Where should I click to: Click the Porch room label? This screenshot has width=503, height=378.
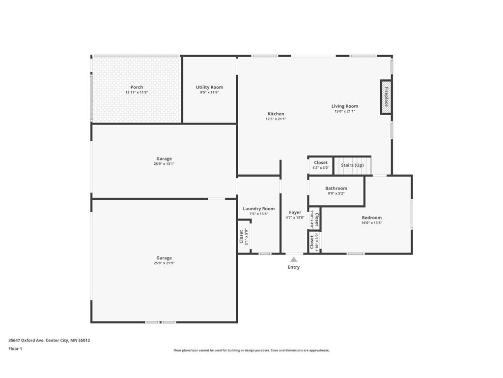coord(137,87)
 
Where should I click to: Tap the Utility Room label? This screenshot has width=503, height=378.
coord(209,87)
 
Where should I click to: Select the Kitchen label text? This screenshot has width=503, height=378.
coord(276,114)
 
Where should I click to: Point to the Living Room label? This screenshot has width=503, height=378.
coord(345,106)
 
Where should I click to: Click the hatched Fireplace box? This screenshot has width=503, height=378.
coord(386,97)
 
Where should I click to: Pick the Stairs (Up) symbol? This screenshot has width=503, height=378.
coord(353,165)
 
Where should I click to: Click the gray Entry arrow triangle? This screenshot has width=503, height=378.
coord(294,259)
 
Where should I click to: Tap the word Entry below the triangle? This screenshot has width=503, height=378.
coord(294,267)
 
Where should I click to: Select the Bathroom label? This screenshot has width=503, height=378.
coord(336,189)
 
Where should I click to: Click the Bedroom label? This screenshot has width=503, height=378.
coord(372,218)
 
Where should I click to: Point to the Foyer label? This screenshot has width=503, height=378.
coord(295,213)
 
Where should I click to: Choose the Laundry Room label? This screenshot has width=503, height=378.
coord(259,209)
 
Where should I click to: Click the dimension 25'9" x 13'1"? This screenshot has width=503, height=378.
coord(164,164)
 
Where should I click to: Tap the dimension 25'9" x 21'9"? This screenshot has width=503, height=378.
coord(164,263)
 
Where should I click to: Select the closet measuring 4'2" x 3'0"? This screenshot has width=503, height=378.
coord(321,165)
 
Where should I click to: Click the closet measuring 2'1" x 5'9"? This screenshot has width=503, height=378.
coord(244,237)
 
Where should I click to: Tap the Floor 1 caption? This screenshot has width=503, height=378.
coord(15,349)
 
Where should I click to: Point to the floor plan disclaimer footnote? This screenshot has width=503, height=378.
coord(251,350)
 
